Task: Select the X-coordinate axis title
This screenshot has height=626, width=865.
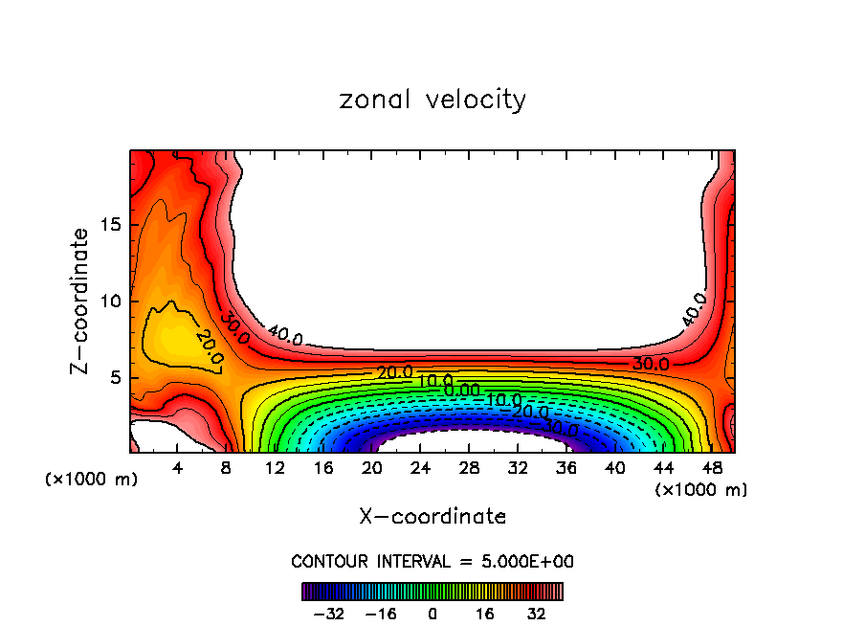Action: pyautogui.click(x=432, y=516)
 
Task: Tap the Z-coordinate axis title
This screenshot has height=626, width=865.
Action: pyautogui.click(x=80, y=301)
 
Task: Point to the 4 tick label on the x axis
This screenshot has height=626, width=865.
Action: pyautogui.click(x=178, y=469)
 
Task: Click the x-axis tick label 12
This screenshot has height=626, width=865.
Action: pyautogui.click(x=275, y=469)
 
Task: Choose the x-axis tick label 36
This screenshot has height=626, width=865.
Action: pyautogui.click(x=566, y=469)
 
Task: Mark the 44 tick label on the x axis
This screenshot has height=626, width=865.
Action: pyautogui.click(x=663, y=469)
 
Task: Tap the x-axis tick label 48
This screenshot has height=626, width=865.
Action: pyautogui.click(x=711, y=469)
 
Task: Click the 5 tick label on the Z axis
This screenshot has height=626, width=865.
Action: pyautogui.click(x=112, y=377)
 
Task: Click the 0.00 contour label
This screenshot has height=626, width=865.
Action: pyautogui.click(x=462, y=390)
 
